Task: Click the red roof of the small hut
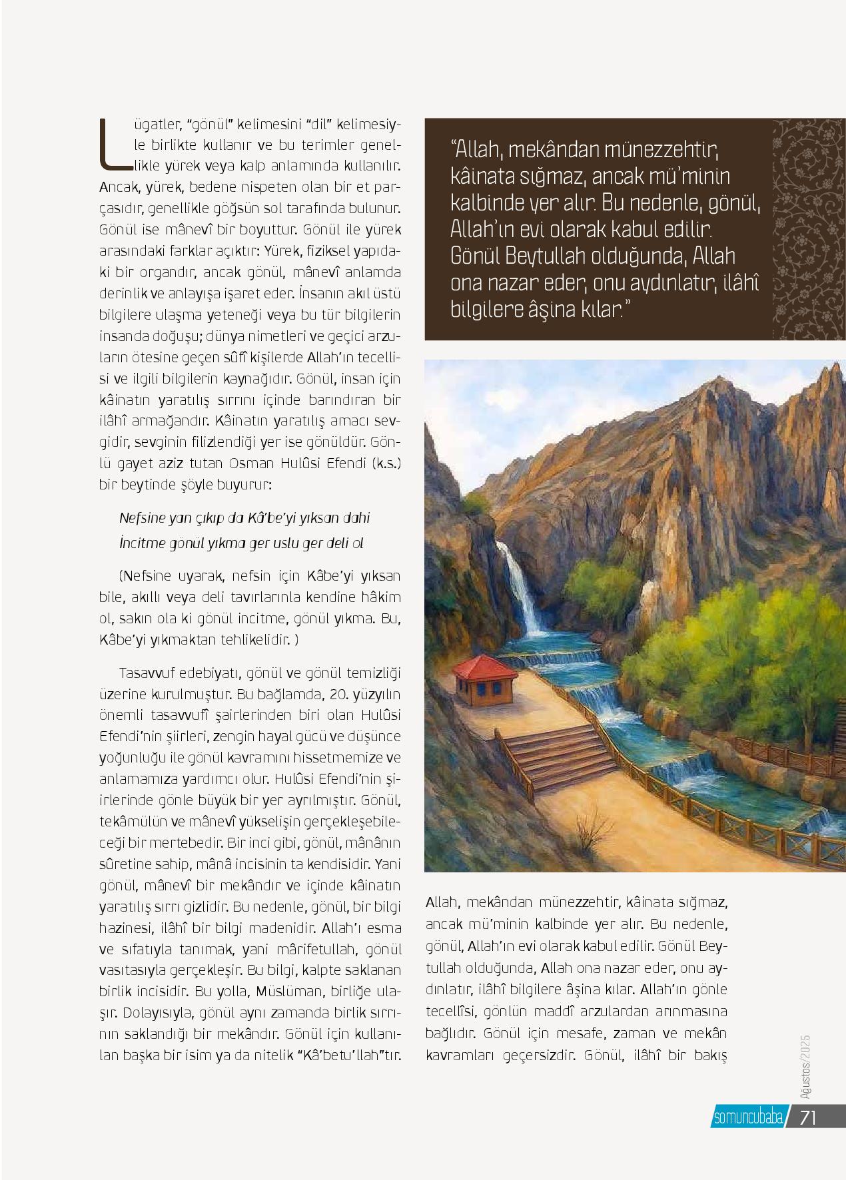tap(486, 667)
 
